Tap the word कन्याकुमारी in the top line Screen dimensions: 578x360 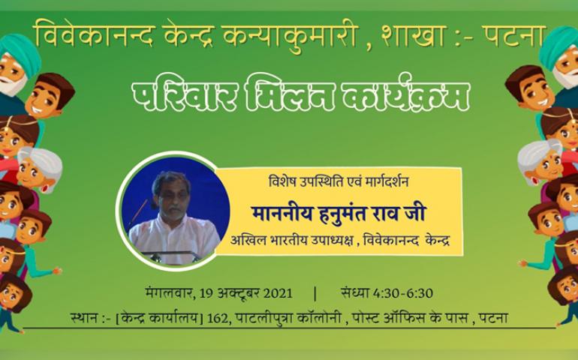click(291, 37)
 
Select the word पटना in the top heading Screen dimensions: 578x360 click(513, 36)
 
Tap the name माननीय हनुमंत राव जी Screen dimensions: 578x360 click(339, 213)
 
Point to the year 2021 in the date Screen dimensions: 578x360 click(278, 293)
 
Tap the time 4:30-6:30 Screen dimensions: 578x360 click(403, 293)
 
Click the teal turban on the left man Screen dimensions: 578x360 click(20, 51)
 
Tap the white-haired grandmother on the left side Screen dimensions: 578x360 click(39, 169)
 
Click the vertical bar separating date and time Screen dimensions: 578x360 click(315, 294)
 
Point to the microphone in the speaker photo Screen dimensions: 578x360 click(140, 213)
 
